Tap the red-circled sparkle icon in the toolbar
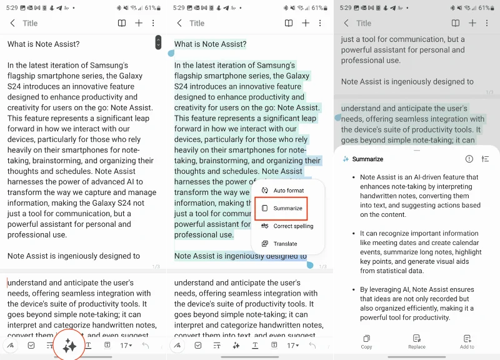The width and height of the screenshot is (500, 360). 69,346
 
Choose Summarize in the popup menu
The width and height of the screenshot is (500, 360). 287,208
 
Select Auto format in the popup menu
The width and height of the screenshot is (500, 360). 288,191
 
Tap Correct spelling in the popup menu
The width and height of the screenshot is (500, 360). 293,226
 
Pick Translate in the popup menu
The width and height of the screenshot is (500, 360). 285,244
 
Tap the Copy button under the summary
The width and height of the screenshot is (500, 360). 366,341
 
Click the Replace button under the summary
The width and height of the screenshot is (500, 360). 417,341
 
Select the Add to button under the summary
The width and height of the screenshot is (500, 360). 467,341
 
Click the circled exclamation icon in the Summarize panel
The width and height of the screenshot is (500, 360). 469,159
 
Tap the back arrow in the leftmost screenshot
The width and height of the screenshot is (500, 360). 12,23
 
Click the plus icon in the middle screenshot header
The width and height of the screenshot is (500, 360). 306,23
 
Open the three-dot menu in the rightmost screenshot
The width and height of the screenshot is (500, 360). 487,23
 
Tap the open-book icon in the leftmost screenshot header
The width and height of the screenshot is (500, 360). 122,23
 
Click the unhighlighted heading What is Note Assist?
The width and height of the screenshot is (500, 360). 43,44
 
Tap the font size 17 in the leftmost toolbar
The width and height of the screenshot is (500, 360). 125,346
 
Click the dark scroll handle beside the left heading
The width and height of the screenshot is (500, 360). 158,42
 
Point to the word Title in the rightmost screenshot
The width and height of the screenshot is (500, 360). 363,23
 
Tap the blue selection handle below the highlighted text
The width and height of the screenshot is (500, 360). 310,265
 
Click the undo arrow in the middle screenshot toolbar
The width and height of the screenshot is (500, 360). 312,346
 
